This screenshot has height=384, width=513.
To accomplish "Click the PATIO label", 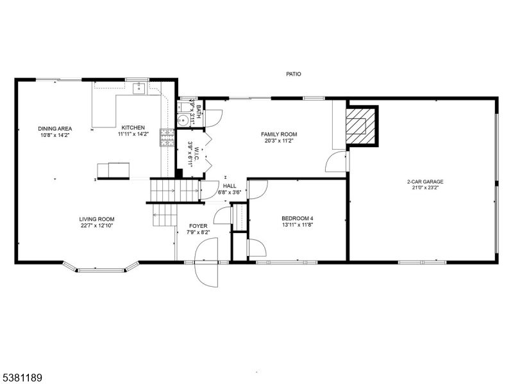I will [294, 74].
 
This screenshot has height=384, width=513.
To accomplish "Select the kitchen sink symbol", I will [138, 89].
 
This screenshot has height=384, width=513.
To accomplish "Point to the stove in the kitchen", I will [167, 138].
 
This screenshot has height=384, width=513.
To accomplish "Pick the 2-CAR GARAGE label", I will [425, 182].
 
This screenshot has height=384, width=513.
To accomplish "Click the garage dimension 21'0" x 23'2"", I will [425, 189].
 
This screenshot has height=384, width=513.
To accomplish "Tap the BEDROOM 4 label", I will [298, 218].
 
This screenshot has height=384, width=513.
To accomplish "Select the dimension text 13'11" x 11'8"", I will [298, 225].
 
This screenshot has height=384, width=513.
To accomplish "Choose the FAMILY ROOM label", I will [279, 134].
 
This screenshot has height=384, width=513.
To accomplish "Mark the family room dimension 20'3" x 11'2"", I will [279, 141].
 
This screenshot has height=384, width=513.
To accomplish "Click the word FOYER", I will [197, 226].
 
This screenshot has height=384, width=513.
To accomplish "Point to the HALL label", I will [230, 186].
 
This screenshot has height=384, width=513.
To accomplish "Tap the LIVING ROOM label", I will [97, 219].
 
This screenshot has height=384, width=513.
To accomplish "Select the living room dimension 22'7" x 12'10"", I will [97, 226].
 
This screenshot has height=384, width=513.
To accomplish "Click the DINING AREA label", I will [53, 128].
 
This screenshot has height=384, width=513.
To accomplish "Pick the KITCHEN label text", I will [133, 127].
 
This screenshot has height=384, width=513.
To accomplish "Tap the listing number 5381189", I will [22, 378].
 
